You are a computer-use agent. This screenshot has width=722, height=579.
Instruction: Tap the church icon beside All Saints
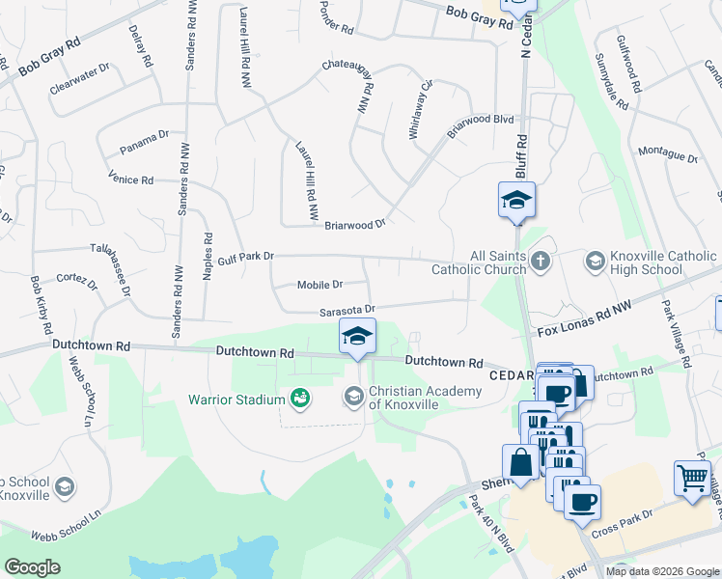click(x=541, y=261)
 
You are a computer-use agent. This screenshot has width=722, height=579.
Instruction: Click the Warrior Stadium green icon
click(x=299, y=398)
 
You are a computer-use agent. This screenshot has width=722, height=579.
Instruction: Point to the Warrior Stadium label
click(x=236, y=399)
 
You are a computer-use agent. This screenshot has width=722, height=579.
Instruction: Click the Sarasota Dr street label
click(x=347, y=311)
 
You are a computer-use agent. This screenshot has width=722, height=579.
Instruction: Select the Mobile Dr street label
click(x=319, y=285)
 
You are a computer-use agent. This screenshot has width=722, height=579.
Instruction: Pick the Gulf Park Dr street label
click(x=246, y=257)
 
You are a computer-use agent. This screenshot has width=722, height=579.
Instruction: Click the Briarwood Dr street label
click(x=354, y=223)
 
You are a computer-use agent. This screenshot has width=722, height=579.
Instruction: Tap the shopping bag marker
click(x=520, y=461)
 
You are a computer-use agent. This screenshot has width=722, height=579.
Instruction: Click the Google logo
click(x=32, y=567)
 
